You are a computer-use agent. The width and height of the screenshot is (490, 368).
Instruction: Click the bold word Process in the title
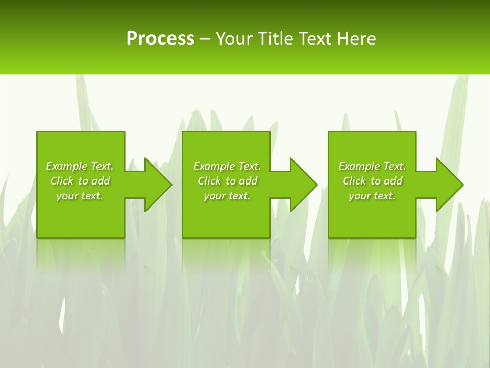[160, 39]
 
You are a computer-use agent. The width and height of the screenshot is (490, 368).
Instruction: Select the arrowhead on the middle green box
[303, 185]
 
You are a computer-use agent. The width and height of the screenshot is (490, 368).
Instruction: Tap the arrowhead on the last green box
[449, 185]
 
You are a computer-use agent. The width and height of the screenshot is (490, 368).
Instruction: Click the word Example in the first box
[67, 166]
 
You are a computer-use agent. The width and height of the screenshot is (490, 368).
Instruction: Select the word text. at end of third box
[384, 196]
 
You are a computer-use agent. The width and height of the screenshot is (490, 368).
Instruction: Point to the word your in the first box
[67, 196]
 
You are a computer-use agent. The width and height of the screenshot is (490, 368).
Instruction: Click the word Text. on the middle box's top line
[249, 166]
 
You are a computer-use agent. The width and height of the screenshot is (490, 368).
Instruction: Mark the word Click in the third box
[354, 181]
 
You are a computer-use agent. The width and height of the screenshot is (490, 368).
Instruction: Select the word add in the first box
[101, 181]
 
